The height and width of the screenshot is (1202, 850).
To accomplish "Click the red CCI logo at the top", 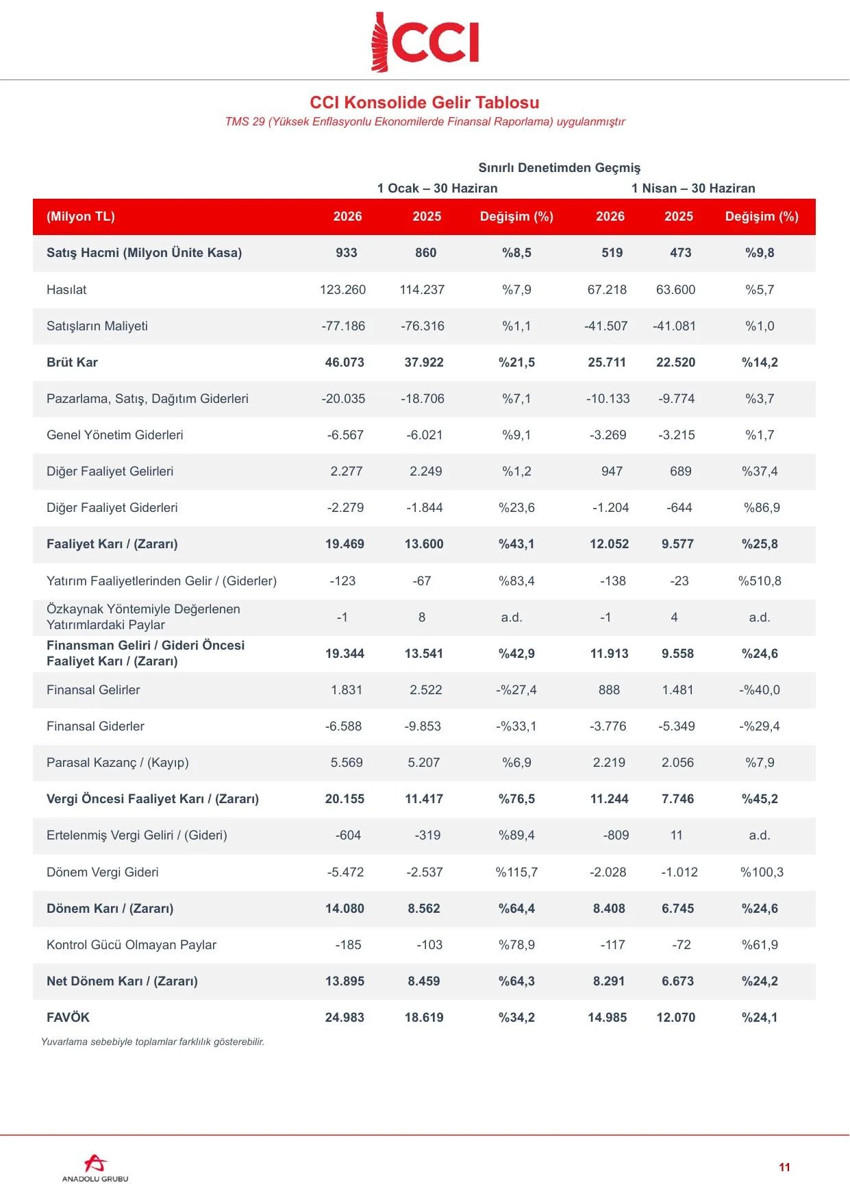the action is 425,42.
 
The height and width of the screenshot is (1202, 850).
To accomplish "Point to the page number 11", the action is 785,1167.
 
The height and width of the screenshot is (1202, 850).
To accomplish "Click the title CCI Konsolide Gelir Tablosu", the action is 425,103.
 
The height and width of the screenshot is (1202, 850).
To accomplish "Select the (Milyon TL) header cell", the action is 81,217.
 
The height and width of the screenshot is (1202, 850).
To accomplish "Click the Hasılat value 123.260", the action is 342,290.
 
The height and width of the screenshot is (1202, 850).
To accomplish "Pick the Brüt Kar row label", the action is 72,363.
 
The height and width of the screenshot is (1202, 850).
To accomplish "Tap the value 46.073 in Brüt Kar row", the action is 345,363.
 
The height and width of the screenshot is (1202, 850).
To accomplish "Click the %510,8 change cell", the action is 760,581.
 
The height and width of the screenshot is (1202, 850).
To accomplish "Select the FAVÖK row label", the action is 68,1018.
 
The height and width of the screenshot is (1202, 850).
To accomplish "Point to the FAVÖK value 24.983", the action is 345,1018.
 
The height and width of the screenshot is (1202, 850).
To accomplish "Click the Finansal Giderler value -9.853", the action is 423,726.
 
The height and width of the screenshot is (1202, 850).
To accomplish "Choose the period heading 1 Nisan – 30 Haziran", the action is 693,188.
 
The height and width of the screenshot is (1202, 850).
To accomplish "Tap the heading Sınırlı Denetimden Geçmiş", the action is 560,168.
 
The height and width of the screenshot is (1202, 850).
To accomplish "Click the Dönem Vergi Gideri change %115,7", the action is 516,872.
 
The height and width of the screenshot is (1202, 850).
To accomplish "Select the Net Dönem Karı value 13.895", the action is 345,981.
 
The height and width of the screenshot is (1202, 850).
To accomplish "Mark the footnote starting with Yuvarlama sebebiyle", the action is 153,1042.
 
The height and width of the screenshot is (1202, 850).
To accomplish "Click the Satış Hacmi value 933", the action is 347,253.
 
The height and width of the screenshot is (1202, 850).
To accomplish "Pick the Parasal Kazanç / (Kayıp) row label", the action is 118,763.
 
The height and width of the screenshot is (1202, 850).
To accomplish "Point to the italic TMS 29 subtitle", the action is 425,122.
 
